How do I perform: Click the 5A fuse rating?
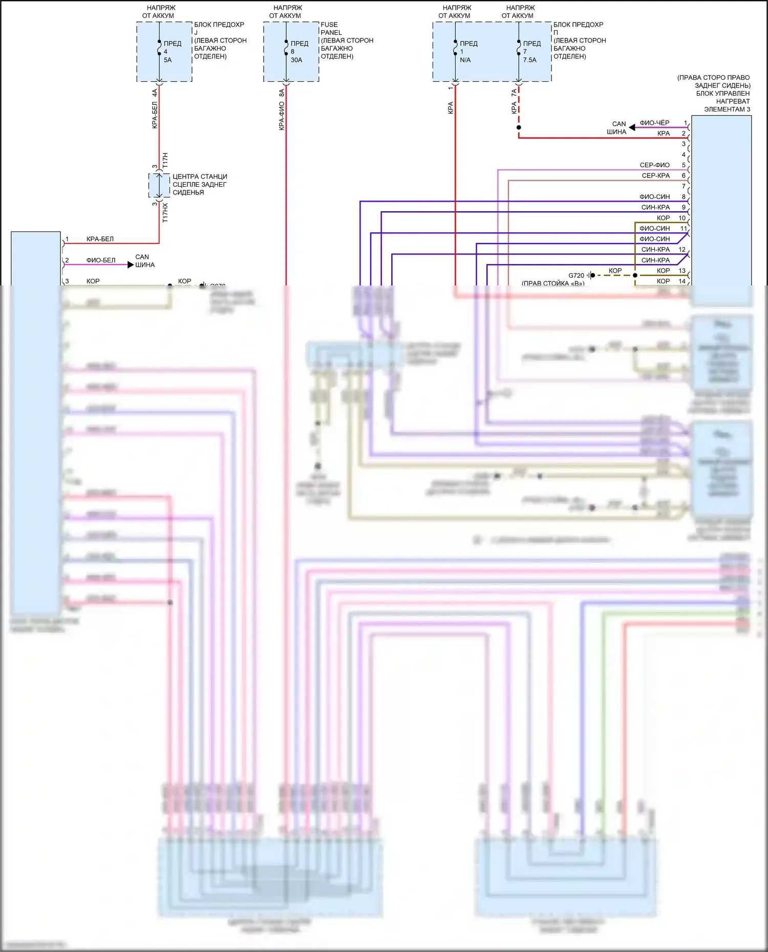tap(168, 60)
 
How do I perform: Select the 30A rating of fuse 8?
tap(296, 60)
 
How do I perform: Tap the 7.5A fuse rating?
tap(530, 60)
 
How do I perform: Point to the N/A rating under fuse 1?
tap(465, 60)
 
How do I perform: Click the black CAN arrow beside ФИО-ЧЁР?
tap(632, 127)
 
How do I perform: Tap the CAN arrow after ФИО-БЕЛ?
tap(131, 264)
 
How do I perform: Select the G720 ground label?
tap(576, 275)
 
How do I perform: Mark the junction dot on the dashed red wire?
tap(519, 127)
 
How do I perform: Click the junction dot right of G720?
tap(635, 275)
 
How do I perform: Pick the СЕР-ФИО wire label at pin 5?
tap(654, 165)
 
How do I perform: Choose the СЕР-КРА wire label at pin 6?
tap(655, 175)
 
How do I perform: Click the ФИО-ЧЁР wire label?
tap(654, 123)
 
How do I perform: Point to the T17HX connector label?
tap(165, 212)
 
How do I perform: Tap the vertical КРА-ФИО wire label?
tap(282, 116)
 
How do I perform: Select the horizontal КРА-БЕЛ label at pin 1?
tap(100, 239)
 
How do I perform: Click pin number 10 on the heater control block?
tap(682, 218)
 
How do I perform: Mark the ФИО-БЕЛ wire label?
tap(101, 260)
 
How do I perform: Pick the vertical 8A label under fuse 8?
tap(282, 93)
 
